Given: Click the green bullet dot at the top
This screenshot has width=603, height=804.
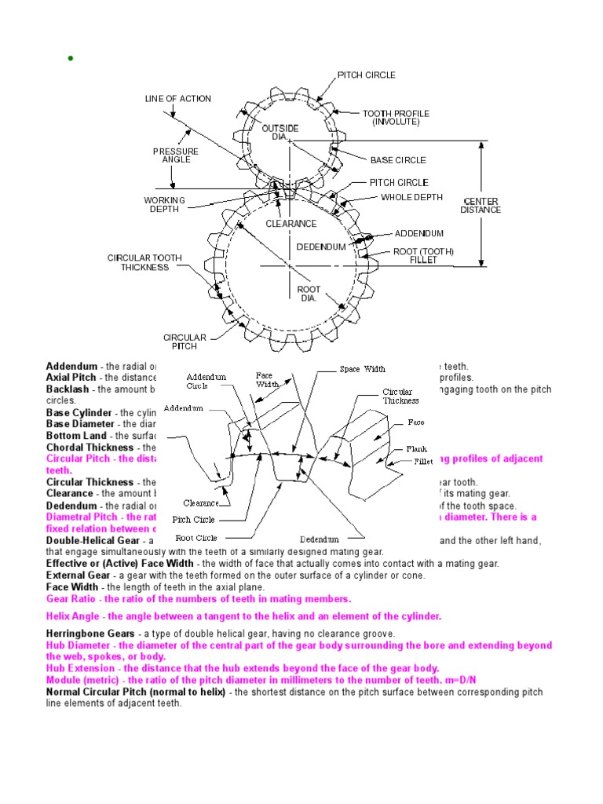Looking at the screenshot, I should coord(70,59).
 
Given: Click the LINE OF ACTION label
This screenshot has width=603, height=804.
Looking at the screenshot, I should coord(177,99).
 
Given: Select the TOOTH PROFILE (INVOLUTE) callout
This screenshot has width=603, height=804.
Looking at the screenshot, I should coord(396,118).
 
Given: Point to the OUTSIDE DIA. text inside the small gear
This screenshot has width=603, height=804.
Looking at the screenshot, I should coord(285,132).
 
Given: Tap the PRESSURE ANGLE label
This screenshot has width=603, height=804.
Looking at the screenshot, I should coord(176,155).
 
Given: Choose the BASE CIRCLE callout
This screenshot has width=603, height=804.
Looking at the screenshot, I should coord(398,160).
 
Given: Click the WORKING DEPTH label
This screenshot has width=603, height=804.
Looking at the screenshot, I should coord(164,204).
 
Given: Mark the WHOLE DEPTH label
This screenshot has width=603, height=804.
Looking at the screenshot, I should coord(411,197).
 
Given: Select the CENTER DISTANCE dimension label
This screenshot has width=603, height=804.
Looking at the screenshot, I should coord(480,205).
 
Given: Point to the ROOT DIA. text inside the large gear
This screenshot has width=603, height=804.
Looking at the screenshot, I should coord(309,294).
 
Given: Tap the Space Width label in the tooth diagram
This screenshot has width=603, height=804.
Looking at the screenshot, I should coord(362,369).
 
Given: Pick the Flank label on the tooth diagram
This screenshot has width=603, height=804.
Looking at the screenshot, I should coord(416,449).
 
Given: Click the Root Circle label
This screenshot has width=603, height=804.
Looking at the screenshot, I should coord(196,538).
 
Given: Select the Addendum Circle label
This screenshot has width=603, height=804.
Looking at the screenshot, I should coord(206,382).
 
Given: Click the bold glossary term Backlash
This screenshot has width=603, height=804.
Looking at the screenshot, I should coord(68,389).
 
